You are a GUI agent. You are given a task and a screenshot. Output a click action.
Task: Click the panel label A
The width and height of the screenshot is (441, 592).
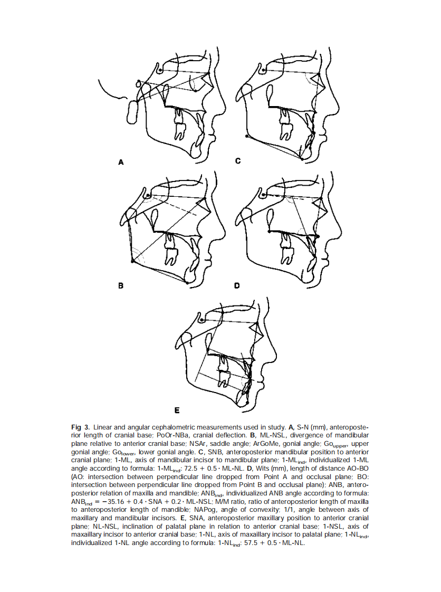[x=121, y=163]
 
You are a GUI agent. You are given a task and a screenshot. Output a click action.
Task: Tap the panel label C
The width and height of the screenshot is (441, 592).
[x=238, y=161]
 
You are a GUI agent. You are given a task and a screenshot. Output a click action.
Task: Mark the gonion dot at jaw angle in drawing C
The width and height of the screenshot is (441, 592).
[x=246, y=136]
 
